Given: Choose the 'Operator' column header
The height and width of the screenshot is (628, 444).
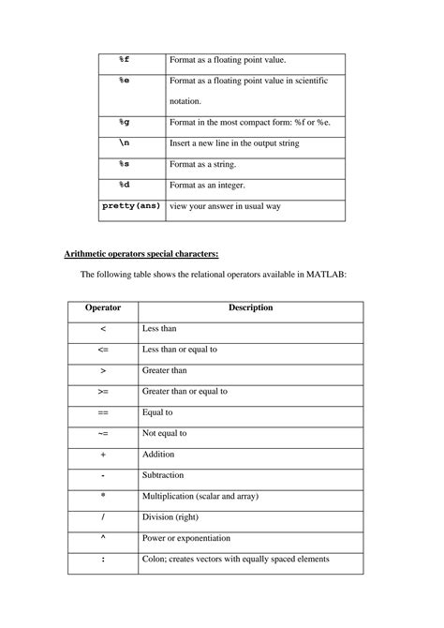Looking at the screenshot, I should point(103,307).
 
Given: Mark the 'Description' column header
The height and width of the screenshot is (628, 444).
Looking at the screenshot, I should point(250,307).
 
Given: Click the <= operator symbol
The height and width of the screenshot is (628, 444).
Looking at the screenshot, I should point(103,349).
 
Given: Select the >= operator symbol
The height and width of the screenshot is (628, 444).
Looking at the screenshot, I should point(103,391).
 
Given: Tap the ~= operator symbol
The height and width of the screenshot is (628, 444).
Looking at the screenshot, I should point(103,433).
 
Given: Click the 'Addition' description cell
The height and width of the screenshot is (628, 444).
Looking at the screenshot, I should point(158,454).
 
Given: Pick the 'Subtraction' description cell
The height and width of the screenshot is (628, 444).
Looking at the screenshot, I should point(163,475).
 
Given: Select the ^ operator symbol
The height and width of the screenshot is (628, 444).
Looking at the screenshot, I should point(103,538).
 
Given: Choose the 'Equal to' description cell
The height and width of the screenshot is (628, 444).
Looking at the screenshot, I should point(157,411).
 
